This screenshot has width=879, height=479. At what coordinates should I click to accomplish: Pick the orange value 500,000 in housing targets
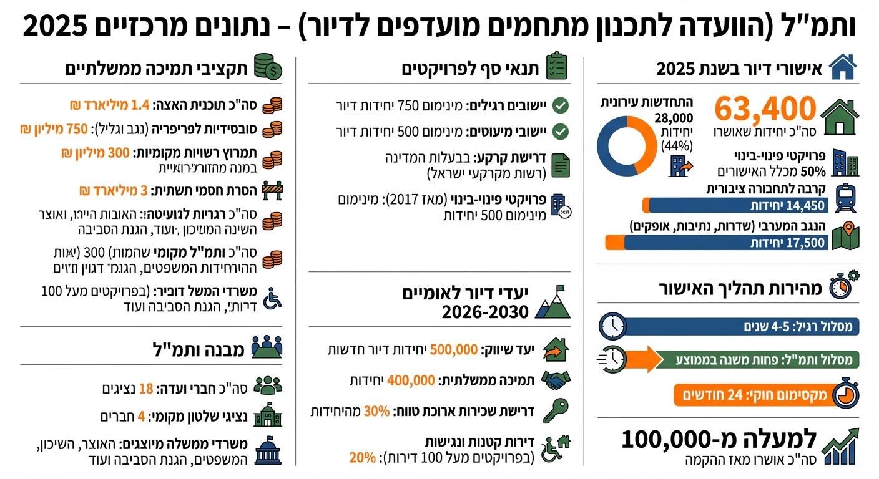(x=454, y=349)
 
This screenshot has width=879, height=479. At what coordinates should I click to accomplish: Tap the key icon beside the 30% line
(x=555, y=410)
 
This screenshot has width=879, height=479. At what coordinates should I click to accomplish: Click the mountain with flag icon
(x=552, y=302)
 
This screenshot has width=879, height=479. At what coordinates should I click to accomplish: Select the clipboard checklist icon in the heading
(x=557, y=66)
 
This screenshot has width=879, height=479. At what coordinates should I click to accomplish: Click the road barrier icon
(x=272, y=190)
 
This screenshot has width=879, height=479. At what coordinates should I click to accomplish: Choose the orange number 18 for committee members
(x=146, y=389)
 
